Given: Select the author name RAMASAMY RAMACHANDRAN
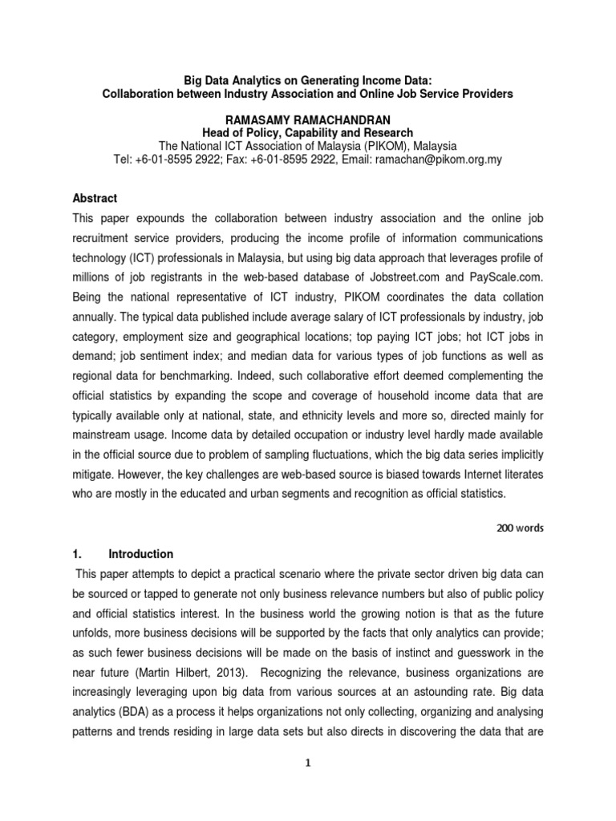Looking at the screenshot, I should [308, 119].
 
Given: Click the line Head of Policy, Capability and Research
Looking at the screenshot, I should [308, 132].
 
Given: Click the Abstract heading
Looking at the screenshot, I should [95, 198].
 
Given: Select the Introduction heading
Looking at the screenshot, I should [141, 554].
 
